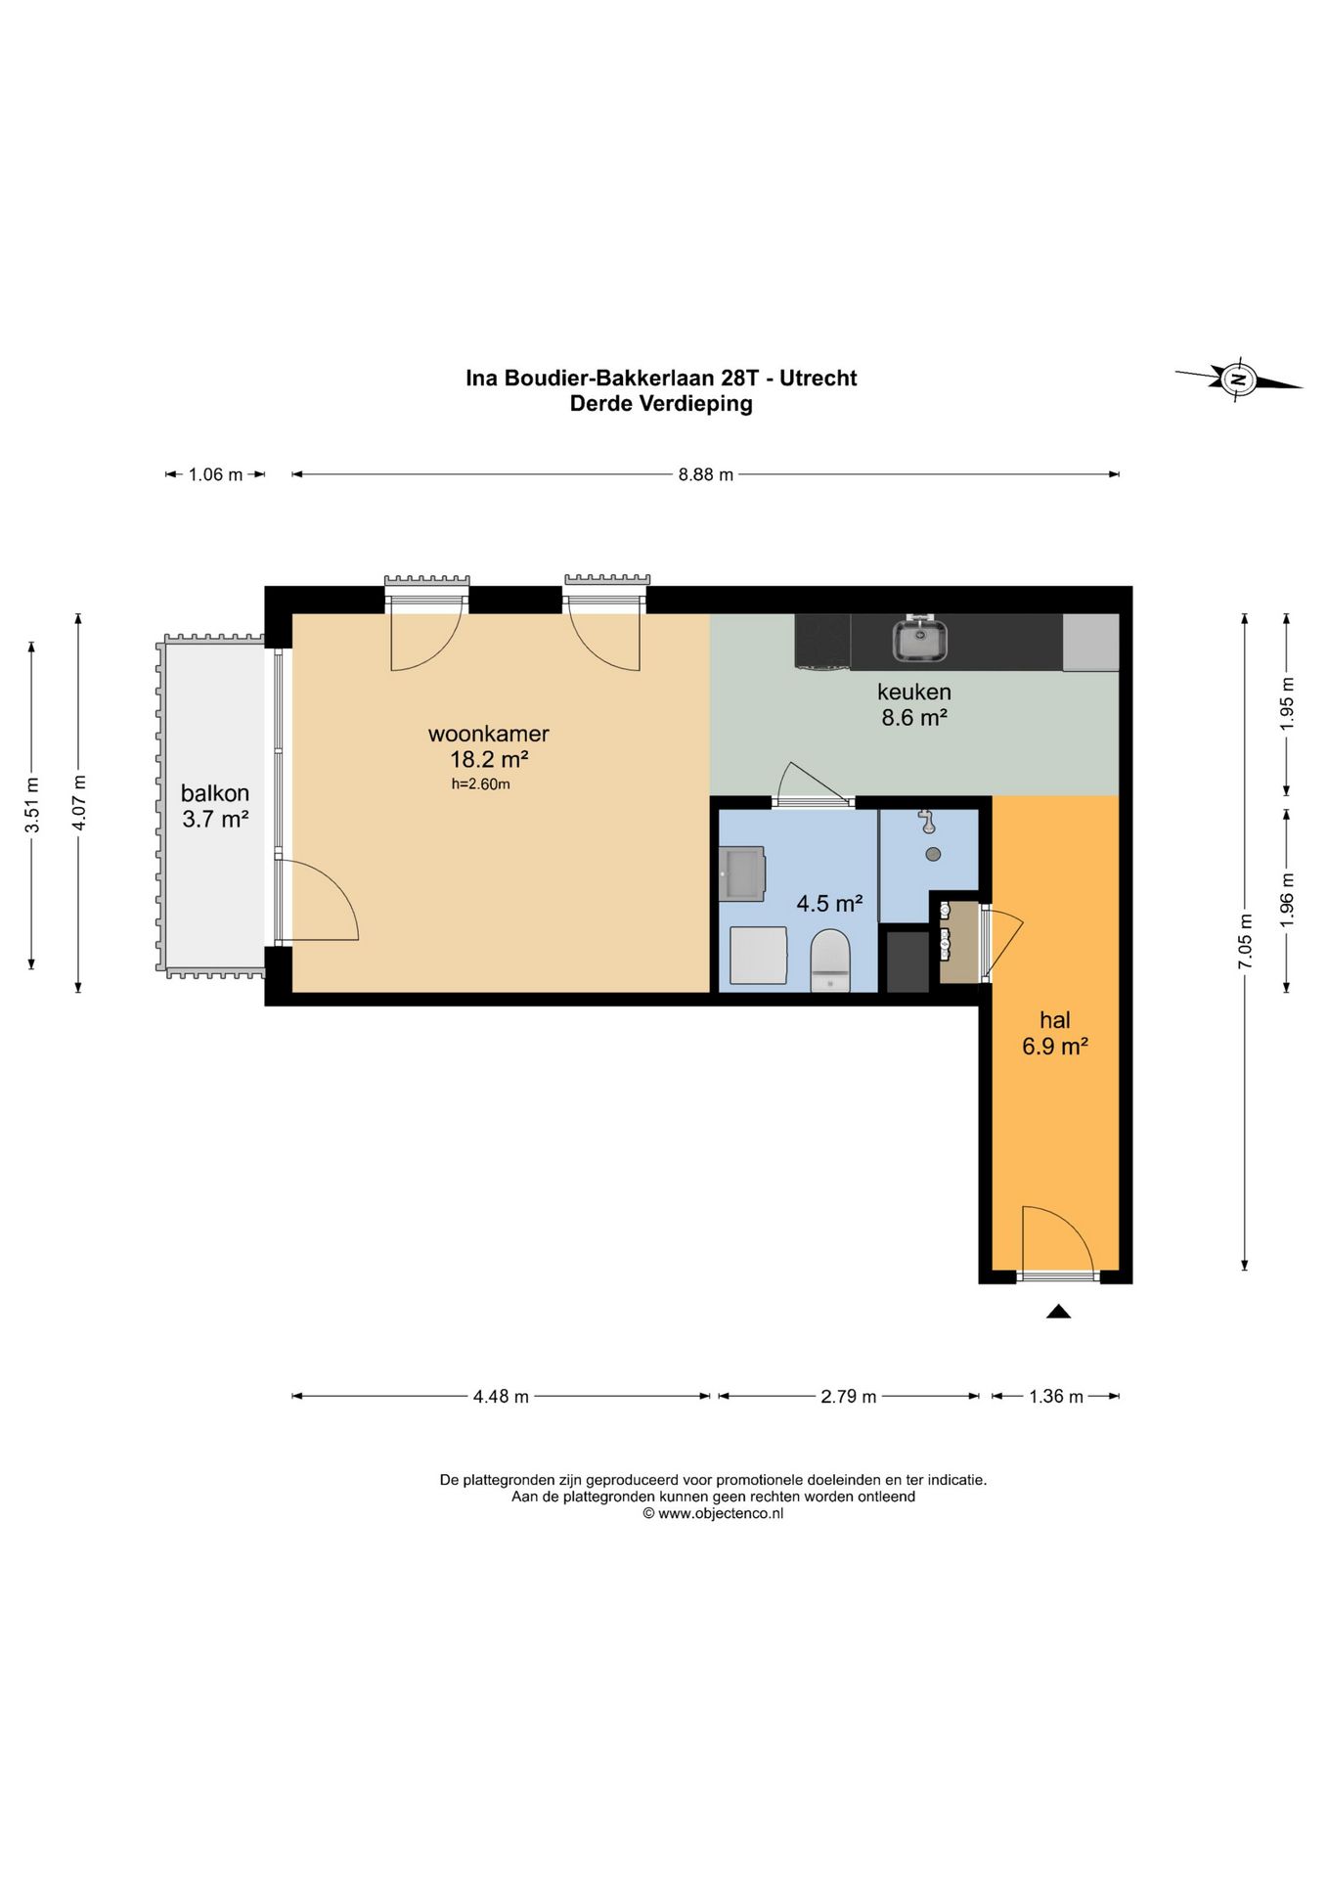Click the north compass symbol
(1238, 379)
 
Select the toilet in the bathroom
(830, 961)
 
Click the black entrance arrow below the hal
(1058, 1312)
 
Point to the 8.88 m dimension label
(706, 475)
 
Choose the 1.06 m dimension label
(215, 475)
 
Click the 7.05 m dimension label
(1245, 942)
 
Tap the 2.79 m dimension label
(848, 1397)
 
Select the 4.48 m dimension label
(501, 1397)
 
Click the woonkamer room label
(489, 734)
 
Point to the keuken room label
(914, 692)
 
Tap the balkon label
(215, 793)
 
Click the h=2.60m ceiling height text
(480, 784)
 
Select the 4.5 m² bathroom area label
(829, 904)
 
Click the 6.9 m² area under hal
(1055, 1047)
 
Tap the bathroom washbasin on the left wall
(742, 873)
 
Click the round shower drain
(933, 854)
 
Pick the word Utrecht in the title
(819, 379)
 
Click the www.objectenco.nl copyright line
(713, 1513)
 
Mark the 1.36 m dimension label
(1056, 1397)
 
